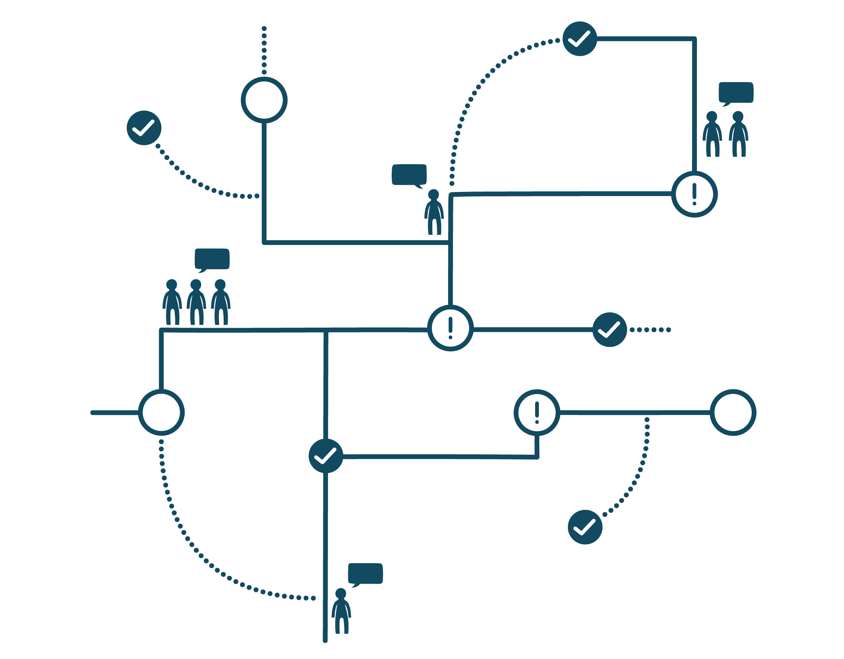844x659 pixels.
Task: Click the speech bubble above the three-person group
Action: pos(212,259)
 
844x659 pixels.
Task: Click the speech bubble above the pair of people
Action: pos(736,93)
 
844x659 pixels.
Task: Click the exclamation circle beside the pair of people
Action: pos(694,194)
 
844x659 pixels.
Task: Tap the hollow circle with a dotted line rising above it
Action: pos(264,100)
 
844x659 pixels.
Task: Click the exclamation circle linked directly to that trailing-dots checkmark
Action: pos(450,328)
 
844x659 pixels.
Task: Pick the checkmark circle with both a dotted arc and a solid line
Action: pos(580,39)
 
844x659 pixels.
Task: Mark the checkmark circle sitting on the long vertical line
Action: pos(326,456)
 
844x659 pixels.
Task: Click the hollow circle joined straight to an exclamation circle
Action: pos(733,413)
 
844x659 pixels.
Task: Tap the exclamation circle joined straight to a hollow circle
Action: pos(537,413)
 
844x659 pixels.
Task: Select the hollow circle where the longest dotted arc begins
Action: pos(161,413)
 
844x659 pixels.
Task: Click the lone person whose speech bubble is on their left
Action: pos(433,212)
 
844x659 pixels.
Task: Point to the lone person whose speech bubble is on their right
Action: pos(341,611)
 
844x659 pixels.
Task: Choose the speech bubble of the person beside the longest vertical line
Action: pos(365,574)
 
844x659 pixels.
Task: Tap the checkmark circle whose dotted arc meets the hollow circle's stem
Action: pos(144,128)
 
